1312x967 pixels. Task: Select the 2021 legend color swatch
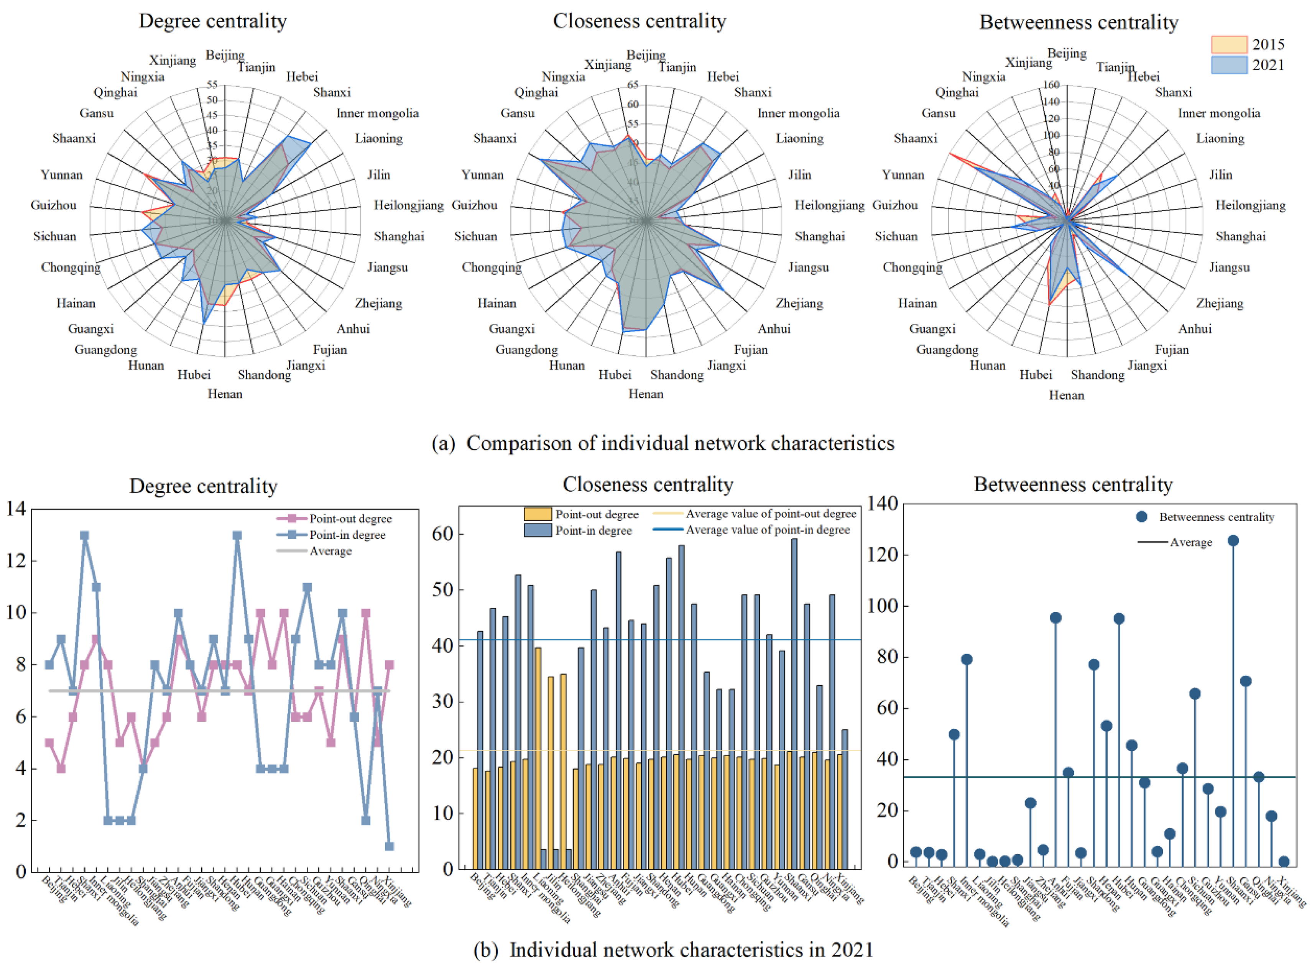coord(1228,65)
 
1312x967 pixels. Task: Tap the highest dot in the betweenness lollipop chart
coord(1233,541)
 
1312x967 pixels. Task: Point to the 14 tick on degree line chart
coord(16,509)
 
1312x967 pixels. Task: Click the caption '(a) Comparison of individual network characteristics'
coord(663,443)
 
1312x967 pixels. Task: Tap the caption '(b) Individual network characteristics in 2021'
coord(673,949)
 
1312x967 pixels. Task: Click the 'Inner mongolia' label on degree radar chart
coord(378,113)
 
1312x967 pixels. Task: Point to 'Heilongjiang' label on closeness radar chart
coord(829,205)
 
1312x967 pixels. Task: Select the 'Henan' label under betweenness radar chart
coord(1067,395)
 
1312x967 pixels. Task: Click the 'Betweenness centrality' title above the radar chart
coord(1079,22)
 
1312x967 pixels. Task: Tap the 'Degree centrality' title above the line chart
coord(203,486)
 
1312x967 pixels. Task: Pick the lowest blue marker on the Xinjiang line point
coord(389,846)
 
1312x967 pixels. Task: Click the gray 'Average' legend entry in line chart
coord(330,551)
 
